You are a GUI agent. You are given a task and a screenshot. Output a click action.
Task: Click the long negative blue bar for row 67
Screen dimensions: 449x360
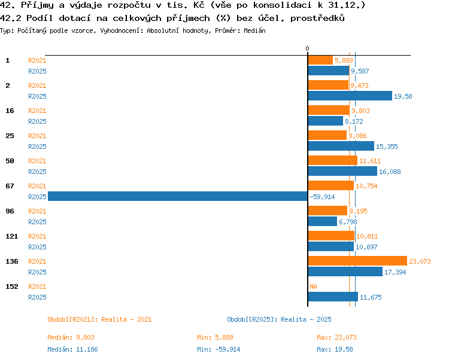[x=178, y=196]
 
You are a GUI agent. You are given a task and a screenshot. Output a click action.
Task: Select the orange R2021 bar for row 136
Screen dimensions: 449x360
[x=357, y=261]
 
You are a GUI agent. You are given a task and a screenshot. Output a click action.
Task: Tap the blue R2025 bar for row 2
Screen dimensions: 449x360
[x=350, y=96]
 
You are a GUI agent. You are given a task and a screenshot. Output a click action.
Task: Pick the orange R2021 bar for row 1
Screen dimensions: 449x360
[x=320, y=60]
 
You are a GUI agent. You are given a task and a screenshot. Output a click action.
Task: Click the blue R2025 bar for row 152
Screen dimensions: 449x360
[x=333, y=297]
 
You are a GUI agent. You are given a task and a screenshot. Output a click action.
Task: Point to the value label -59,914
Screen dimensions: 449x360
[x=322, y=197]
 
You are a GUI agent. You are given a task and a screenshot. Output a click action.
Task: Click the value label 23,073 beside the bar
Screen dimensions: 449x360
[x=420, y=261]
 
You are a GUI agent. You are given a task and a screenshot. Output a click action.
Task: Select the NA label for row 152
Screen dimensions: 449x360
[x=313, y=286]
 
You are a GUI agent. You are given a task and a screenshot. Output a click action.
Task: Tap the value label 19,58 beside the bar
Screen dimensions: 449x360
[x=403, y=96]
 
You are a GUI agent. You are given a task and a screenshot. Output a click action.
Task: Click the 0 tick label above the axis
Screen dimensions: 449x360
[x=307, y=48]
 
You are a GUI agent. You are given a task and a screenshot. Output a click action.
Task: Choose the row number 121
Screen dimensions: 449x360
[x=12, y=236]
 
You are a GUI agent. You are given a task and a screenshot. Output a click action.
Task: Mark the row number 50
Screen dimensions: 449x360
[x=10, y=161]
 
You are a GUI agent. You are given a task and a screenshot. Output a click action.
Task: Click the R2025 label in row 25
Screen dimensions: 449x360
[x=37, y=147]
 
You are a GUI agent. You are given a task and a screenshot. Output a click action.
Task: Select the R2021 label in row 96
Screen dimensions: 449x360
[x=37, y=211]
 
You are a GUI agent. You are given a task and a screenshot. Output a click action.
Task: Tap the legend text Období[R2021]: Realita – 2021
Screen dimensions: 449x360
[x=99, y=319]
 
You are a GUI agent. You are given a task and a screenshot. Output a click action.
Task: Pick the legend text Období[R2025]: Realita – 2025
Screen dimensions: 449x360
[x=279, y=319]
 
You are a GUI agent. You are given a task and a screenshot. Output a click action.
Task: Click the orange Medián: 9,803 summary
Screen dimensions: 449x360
[x=71, y=337]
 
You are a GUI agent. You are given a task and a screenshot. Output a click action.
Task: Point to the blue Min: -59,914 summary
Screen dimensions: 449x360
[x=219, y=349]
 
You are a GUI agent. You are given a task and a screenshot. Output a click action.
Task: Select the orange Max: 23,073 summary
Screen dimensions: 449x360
[x=336, y=337]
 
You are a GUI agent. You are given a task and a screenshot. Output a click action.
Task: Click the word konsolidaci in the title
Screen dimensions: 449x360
[x=282, y=5]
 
